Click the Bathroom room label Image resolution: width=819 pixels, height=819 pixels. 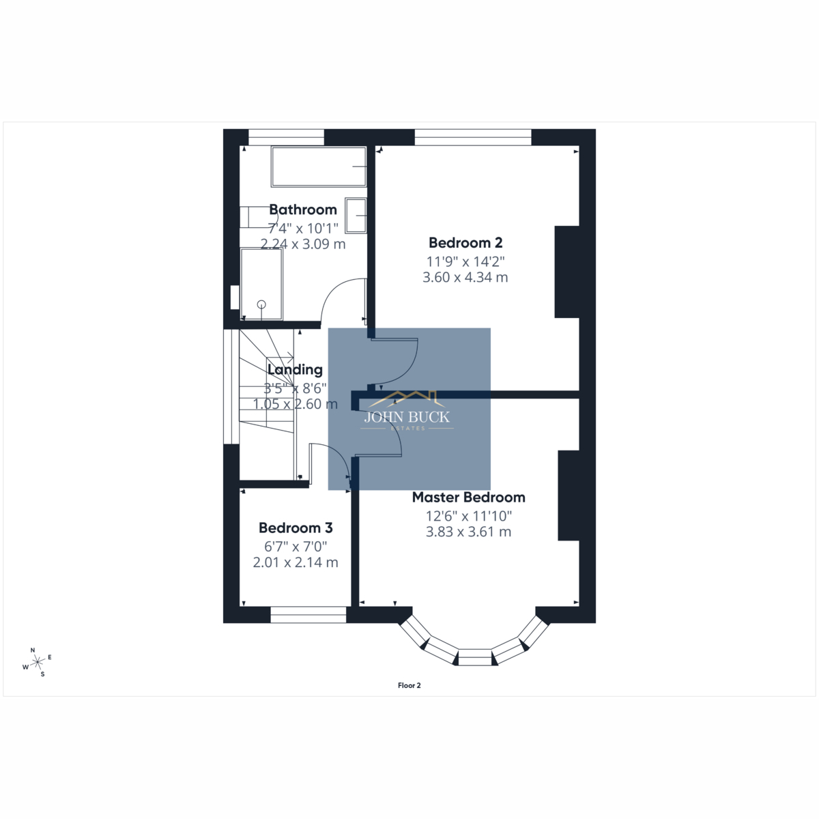[x=303, y=210]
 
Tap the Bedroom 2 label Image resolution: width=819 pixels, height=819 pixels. [x=465, y=243]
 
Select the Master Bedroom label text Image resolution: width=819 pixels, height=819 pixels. [x=468, y=498]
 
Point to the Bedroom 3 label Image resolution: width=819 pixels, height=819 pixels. [x=296, y=528]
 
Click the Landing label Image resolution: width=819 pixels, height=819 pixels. [x=295, y=370]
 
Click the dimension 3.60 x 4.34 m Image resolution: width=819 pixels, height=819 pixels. [x=465, y=278]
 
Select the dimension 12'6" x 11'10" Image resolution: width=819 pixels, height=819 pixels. [x=469, y=516]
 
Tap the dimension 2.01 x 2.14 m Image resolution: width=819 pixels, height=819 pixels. [x=296, y=562]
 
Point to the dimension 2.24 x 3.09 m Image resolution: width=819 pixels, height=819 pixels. [x=303, y=244]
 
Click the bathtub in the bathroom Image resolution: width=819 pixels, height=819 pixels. [x=319, y=167]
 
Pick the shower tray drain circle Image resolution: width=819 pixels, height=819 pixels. [x=261, y=304]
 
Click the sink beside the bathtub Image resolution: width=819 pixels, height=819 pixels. [x=356, y=216]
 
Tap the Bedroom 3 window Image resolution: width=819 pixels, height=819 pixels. [x=308, y=614]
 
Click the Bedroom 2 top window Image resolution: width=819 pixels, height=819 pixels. [x=473, y=137]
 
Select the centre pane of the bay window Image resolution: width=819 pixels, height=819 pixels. [x=476, y=657]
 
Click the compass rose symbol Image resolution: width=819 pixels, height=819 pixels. [x=38, y=662]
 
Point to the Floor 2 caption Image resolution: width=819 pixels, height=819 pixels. [x=409, y=685]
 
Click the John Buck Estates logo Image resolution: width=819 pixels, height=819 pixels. [x=407, y=411]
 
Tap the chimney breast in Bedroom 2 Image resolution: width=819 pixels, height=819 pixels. [x=567, y=272]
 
